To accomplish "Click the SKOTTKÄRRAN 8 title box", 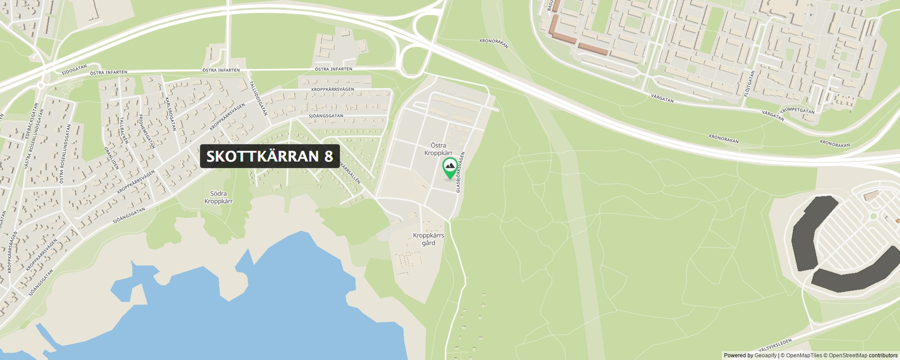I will tap(269, 156).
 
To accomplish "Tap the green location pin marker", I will tap(449, 168).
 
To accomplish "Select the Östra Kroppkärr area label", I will tap(438, 149).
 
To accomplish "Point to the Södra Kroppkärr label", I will tap(218, 197).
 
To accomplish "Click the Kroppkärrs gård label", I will tap(429, 239).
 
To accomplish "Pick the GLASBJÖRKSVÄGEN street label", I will tap(461, 172).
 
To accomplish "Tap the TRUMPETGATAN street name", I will tap(797, 110).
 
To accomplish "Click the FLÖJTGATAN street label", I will tap(749, 83).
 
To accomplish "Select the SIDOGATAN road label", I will tap(74, 69).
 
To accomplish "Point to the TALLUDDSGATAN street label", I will tap(258, 98).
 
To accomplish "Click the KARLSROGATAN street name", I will tap(171, 114).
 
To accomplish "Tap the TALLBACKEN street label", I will tap(124, 130).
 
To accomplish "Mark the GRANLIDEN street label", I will tap(111, 158).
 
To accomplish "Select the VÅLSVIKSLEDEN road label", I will tap(775, 344).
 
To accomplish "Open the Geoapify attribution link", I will tap(765, 355).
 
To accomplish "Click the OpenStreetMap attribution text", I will tap(848, 355).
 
